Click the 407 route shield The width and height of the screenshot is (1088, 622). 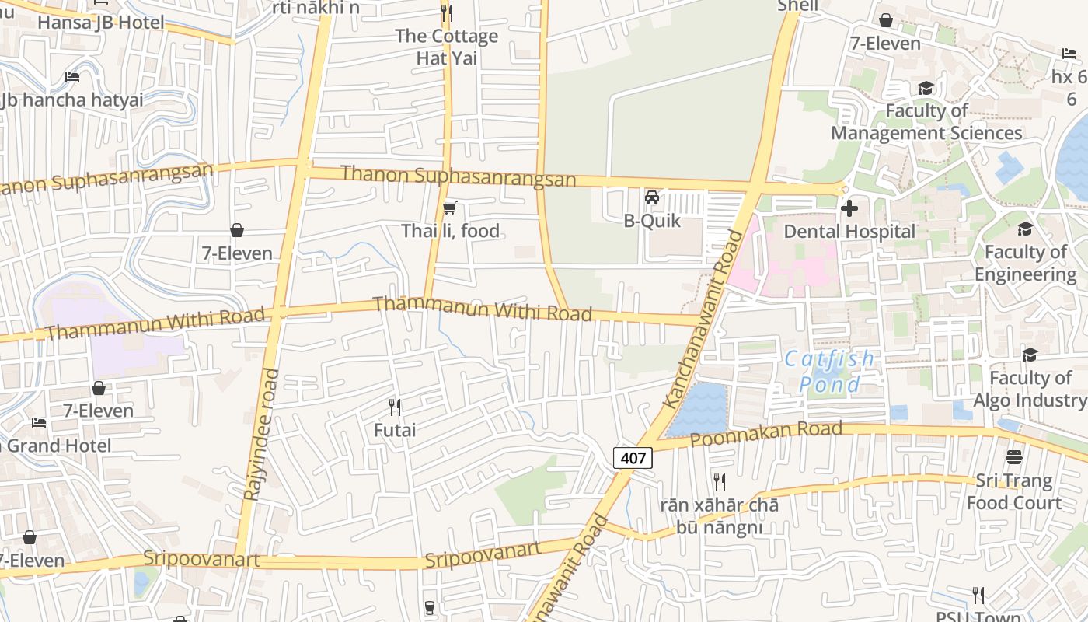point(633,458)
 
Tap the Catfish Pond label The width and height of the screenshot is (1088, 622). point(829,372)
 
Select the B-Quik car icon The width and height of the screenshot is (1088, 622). point(652,197)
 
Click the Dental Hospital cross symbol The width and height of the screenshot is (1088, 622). point(849,208)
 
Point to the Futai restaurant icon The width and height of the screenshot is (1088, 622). point(395,407)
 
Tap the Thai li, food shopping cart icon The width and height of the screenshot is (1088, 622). point(449,208)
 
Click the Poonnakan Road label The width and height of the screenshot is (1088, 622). point(765,434)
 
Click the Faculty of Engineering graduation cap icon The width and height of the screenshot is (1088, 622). point(1025,229)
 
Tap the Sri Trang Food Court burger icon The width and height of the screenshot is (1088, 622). point(1013,456)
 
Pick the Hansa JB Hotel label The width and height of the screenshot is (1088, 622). point(101,23)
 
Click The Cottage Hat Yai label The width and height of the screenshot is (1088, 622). point(446,47)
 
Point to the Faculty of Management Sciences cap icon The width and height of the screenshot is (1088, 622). point(926,89)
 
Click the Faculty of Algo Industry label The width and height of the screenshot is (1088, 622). point(1030,389)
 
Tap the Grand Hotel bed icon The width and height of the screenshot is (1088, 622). point(39,423)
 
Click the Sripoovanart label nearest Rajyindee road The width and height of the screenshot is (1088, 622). point(201,559)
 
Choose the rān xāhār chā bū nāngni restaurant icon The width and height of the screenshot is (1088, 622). point(719,482)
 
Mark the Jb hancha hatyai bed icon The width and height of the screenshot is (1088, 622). point(72,77)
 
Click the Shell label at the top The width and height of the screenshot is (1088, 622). point(797,6)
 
